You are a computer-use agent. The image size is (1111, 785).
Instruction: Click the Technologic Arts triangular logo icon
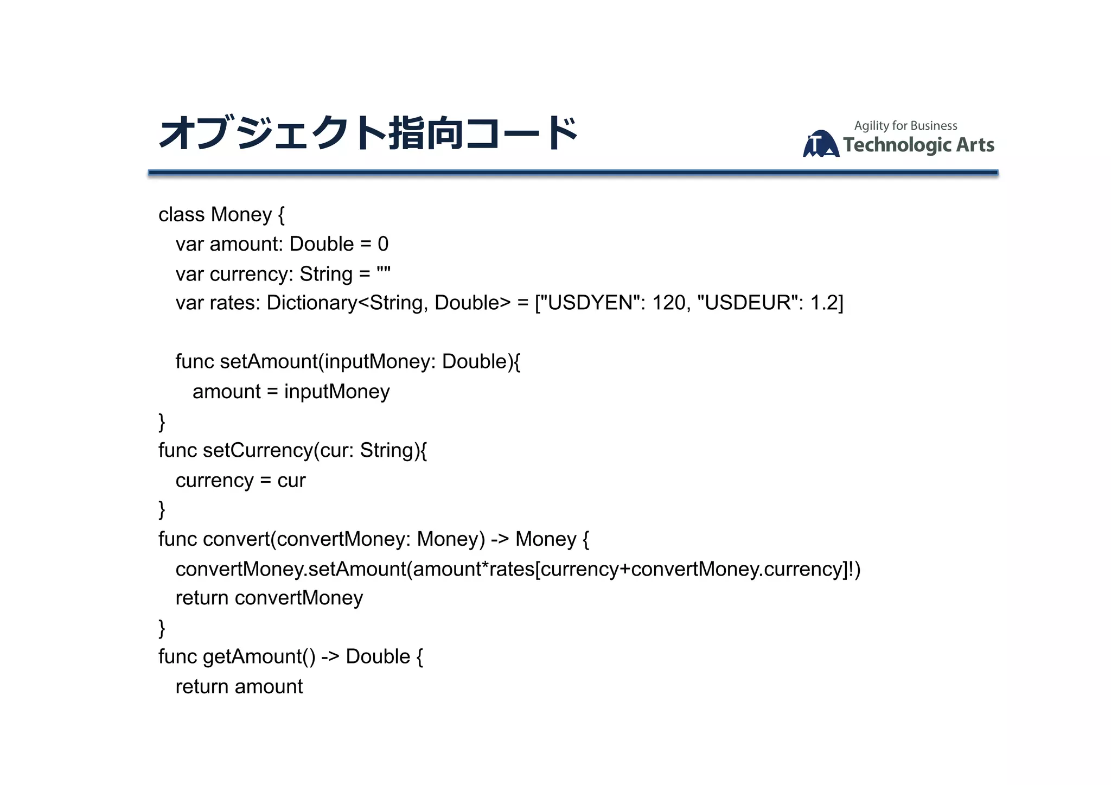pos(821,144)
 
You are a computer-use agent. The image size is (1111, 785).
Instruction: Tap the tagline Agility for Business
pos(905,126)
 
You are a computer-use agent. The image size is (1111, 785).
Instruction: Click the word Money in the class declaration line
pos(241,215)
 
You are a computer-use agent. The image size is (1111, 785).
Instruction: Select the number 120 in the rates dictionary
pos(669,303)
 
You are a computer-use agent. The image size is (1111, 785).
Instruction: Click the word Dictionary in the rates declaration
pos(311,303)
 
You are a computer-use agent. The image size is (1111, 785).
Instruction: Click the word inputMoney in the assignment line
pos(337,392)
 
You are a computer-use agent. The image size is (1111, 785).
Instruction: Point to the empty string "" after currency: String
pos(384,272)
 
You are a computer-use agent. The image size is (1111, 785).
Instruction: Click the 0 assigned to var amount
pos(383,244)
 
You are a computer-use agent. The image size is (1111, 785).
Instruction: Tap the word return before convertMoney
pos(202,598)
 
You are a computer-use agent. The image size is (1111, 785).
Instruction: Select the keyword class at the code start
pos(181,215)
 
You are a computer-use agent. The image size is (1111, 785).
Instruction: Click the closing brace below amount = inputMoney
pos(162,422)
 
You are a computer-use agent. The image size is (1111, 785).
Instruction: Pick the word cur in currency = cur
pos(291,481)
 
